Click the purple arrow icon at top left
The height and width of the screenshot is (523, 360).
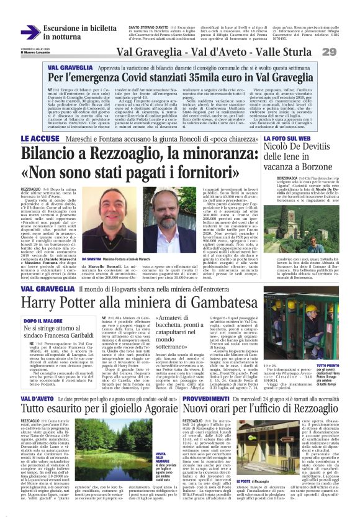[x=30, y=32]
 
